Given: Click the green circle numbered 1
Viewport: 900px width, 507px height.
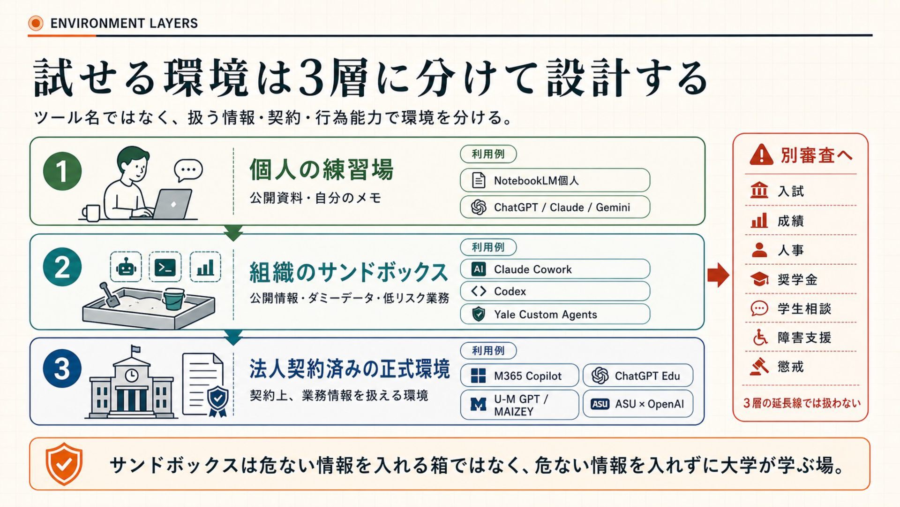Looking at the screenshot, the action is point(62,171).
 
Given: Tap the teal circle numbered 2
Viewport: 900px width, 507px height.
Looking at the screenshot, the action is point(62,267).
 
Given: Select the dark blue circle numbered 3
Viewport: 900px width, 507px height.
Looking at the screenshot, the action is point(62,369).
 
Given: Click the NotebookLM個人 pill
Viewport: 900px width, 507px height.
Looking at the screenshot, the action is point(555,180).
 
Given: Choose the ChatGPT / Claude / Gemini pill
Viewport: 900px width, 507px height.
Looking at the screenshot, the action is point(555,207).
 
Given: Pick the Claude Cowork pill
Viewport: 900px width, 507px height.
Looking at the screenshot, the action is point(555,269).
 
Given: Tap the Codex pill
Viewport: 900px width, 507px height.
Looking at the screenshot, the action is point(555,291).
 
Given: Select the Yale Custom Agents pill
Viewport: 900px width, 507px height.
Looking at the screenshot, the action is point(555,314).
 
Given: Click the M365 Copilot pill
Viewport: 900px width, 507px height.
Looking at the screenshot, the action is point(519,376).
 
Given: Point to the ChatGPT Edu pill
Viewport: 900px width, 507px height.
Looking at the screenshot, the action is point(637,376).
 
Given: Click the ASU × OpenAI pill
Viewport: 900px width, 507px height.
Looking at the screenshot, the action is point(637,404).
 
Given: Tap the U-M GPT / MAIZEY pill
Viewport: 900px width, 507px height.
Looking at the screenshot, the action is point(519,405).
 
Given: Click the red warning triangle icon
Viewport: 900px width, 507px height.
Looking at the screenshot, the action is point(761,155).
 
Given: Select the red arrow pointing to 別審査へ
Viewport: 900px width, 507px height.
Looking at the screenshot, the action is point(718,275).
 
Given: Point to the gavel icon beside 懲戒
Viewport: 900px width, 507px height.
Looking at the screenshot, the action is point(759,367).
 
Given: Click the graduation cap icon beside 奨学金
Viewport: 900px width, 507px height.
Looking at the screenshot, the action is point(759,279).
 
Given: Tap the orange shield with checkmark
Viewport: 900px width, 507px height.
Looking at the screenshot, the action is point(64,464).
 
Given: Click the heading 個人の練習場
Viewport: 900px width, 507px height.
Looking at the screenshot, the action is point(321,169).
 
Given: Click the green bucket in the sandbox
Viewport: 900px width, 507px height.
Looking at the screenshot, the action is point(172,299).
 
